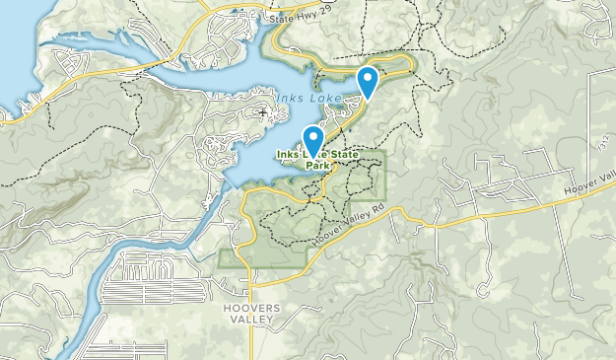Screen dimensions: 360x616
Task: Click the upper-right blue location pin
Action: click(368, 80)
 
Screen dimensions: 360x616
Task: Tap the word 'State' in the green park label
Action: click(343, 152)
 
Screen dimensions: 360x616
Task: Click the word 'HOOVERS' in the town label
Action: click(251, 309)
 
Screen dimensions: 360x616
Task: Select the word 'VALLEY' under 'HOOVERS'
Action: click(251, 322)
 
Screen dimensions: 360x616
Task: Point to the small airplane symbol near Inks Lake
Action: click(261, 113)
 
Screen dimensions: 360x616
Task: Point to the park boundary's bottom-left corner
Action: click(221, 265)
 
